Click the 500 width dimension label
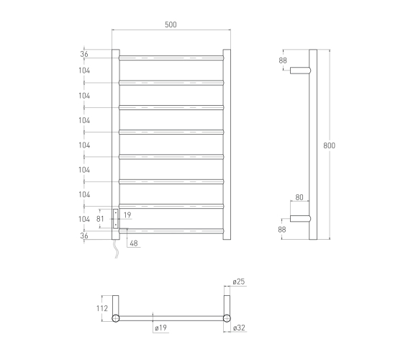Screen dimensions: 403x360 click(171, 24)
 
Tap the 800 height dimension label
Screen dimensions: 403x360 click(330, 145)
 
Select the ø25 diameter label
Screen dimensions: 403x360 click(239, 282)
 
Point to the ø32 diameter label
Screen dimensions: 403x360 click(239, 328)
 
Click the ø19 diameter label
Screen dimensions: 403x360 click(160, 328)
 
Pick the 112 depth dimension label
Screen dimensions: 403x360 click(102, 308)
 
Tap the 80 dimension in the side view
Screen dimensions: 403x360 click(299, 197)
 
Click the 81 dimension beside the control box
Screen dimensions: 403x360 click(100, 219)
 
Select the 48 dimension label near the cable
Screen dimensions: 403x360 click(134, 243)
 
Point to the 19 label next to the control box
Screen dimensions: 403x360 click(127, 215)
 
